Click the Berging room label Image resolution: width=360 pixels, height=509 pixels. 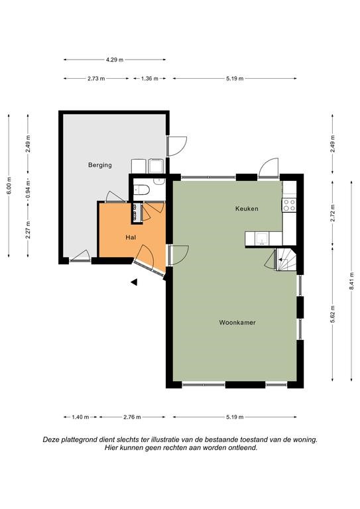[x=100, y=165]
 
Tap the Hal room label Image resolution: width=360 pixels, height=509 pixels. [x=131, y=237]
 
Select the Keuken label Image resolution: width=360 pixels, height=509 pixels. [x=247, y=208]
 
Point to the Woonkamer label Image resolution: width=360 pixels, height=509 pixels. [x=237, y=322]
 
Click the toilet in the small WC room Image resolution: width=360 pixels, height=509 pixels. [x=141, y=190]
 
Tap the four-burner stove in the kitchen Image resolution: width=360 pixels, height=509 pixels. [x=289, y=205]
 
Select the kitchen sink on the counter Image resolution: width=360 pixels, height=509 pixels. [x=262, y=239]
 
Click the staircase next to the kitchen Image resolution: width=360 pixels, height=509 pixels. [x=286, y=259]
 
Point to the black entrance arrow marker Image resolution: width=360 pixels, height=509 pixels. [x=134, y=282]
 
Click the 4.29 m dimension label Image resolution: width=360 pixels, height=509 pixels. [x=115, y=60]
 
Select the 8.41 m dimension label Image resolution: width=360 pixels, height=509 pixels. [x=351, y=281]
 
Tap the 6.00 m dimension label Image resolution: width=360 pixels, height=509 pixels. [x=9, y=186]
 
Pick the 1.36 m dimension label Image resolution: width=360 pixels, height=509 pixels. [x=150, y=79]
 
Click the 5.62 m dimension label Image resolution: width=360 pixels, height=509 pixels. [x=333, y=313]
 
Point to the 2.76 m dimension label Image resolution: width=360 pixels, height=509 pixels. [x=132, y=417]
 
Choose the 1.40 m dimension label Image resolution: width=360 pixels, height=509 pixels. [x=80, y=417]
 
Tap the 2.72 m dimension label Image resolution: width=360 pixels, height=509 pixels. [x=333, y=213]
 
